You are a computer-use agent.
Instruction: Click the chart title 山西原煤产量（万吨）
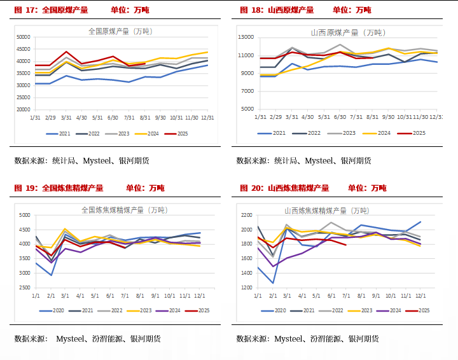347,32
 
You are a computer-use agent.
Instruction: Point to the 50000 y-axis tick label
23,37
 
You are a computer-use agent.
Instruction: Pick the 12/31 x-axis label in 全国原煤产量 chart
207,118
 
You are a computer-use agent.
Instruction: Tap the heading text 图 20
251,188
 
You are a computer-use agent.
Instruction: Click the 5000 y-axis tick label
24,215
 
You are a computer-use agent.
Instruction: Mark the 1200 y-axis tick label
247,287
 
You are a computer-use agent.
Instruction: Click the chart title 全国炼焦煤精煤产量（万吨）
123,209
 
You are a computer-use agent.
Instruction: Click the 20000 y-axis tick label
23,109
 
